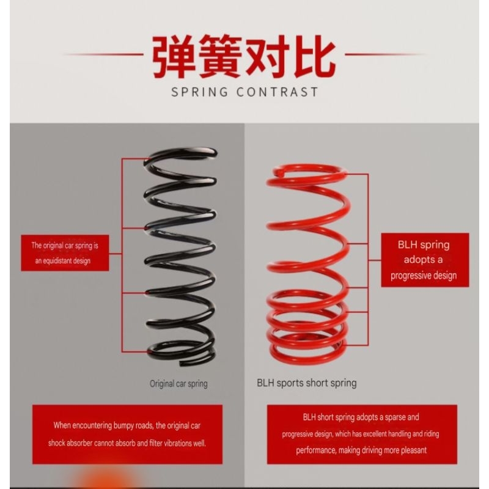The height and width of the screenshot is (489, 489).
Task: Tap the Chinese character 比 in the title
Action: [x=315, y=57]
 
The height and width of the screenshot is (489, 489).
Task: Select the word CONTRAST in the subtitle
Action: [x=278, y=92]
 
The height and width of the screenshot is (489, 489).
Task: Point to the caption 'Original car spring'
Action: [x=178, y=384]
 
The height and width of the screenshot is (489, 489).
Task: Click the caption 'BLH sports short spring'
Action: [x=307, y=383]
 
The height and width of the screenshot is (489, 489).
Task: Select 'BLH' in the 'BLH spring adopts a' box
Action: [x=408, y=245]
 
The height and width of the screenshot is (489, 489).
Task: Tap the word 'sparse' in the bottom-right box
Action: [x=395, y=417]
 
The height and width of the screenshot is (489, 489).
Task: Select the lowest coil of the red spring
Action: [x=307, y=359]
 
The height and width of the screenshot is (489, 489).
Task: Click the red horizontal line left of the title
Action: [x=103, y=54]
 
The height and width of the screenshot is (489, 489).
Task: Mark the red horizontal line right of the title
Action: [x=385, y=54]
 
